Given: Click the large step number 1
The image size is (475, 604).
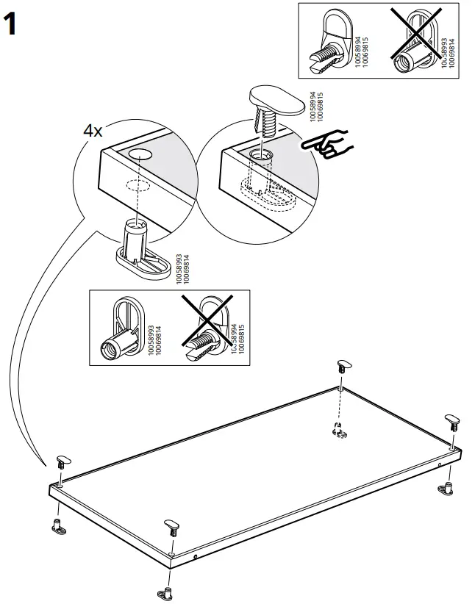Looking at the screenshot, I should [x=12, y=25].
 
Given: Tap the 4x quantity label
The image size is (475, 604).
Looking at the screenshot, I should [x=93, y=131].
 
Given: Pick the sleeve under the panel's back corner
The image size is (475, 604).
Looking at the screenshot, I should [x=339, y=431].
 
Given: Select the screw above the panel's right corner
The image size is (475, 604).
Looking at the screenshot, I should [x=451, y=422].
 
